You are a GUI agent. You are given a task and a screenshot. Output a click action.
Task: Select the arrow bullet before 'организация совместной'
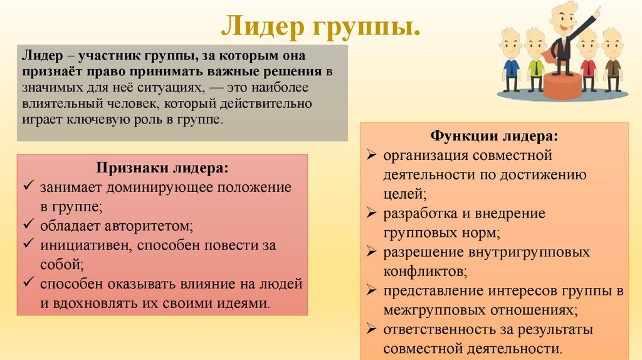(x=372, y=154)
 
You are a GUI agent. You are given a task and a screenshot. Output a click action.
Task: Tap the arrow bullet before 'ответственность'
(x=372, y=329)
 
